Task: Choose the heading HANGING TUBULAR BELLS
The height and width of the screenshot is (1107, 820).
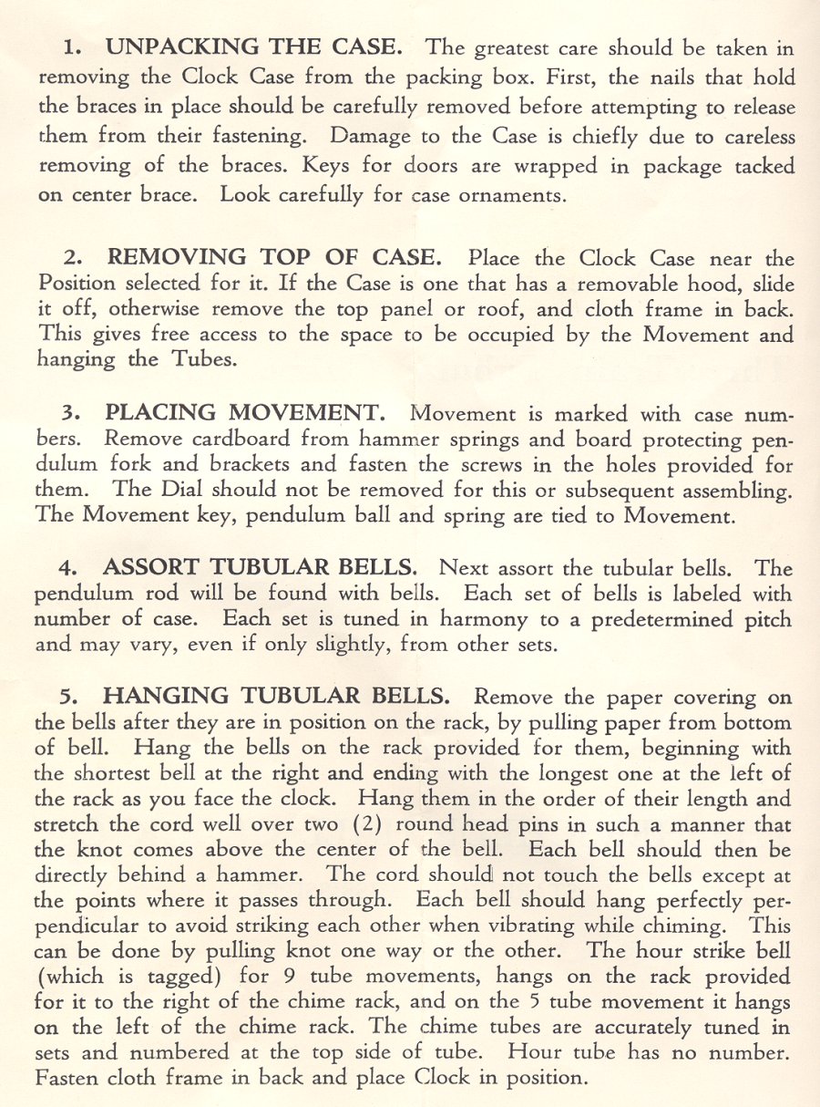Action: tap(278, 697)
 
